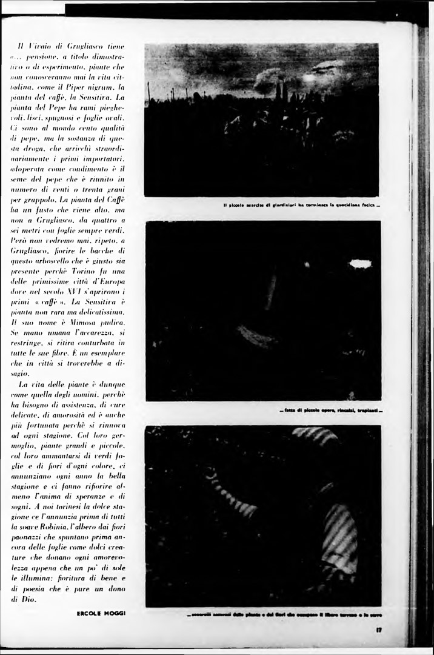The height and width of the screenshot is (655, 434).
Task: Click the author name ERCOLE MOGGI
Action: pos(101,613)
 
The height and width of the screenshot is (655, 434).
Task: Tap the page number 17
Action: pos(379,630)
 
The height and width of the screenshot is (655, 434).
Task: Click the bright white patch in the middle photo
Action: pos(361,263)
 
